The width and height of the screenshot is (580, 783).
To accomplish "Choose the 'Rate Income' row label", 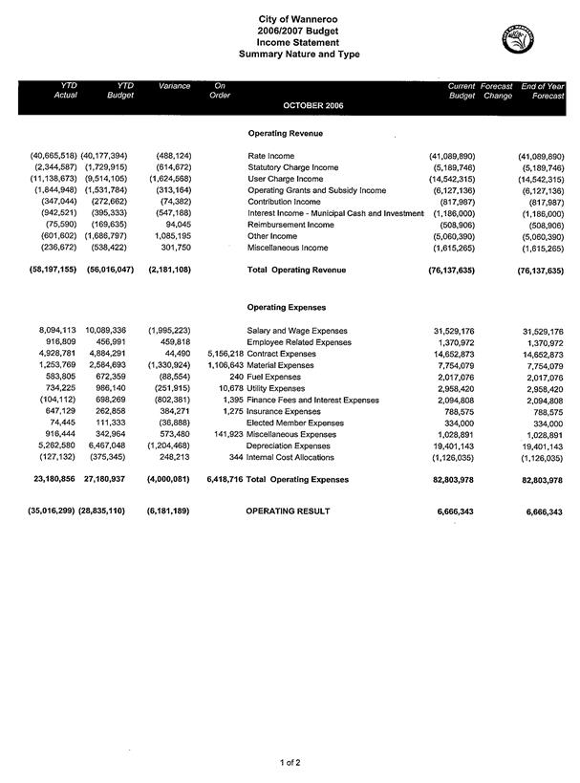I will tap(271, 155).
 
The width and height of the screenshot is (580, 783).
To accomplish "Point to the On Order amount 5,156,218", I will tap(225, 354).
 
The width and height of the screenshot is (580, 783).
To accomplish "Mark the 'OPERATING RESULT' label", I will tap(289, 512).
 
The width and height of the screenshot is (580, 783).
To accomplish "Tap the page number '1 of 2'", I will tap(290, 761).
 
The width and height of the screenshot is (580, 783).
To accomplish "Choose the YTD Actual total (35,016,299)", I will tap(39, 512).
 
